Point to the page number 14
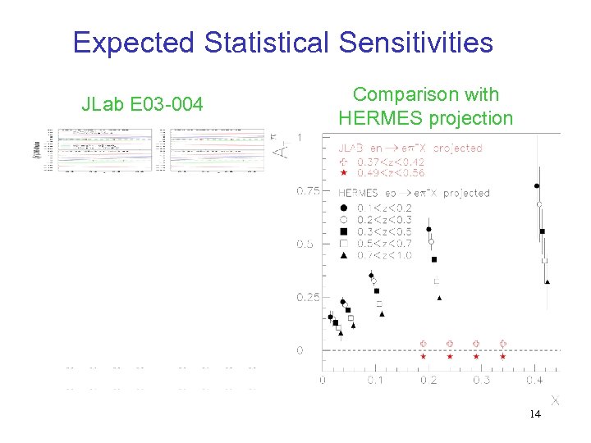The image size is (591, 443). pyautogui.click(x=534, y=414)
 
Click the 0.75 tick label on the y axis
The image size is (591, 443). pyautogui.click(x=308, y=191)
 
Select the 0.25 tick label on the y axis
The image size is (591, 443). pyautogui.click(x=308, y=297)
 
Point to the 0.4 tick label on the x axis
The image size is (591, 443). pyautogui.click(x=534, y=381)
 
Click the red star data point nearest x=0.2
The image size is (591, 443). pyautogui.click(x=424, y=357)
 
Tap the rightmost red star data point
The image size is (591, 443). pyautogui.click(x=503, y=357)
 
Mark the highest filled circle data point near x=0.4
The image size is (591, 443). pyautogui.click(x=537, y=186)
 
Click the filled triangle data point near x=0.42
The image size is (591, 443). pyautogui.click(x=547, y=282)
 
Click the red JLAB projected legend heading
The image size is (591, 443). pyautogui.click(x=411, y=148)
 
